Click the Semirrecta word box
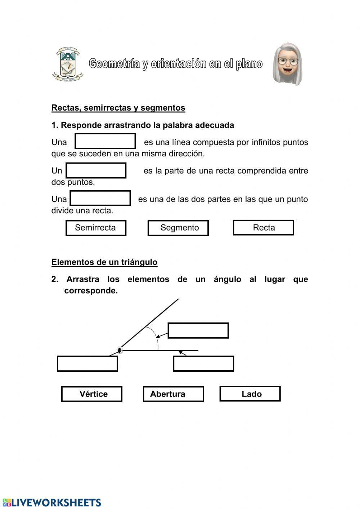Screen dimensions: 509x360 [96, 228]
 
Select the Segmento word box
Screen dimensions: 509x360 [178, 228]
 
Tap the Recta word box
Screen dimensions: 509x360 [264, 228]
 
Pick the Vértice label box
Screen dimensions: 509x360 [92, 394]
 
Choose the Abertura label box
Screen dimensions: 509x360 [173, 394]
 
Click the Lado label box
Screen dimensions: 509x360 [250, 393]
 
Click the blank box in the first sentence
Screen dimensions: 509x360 [105, 141]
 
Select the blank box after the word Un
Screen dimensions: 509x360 [96, 170]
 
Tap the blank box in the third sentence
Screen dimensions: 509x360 [100, 198]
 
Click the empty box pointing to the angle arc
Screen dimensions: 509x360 [198, 330]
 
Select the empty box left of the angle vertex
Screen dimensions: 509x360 [87, 363]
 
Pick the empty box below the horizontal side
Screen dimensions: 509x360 [203, 363]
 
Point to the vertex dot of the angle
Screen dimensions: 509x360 [120, 350]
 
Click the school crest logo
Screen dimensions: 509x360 [67, 64]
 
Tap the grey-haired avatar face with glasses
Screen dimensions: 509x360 [287, 64]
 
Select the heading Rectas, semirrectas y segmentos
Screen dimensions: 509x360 [118, 108]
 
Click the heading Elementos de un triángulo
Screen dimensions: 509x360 [104, 262]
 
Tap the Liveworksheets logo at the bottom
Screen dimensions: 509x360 [52, 503]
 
